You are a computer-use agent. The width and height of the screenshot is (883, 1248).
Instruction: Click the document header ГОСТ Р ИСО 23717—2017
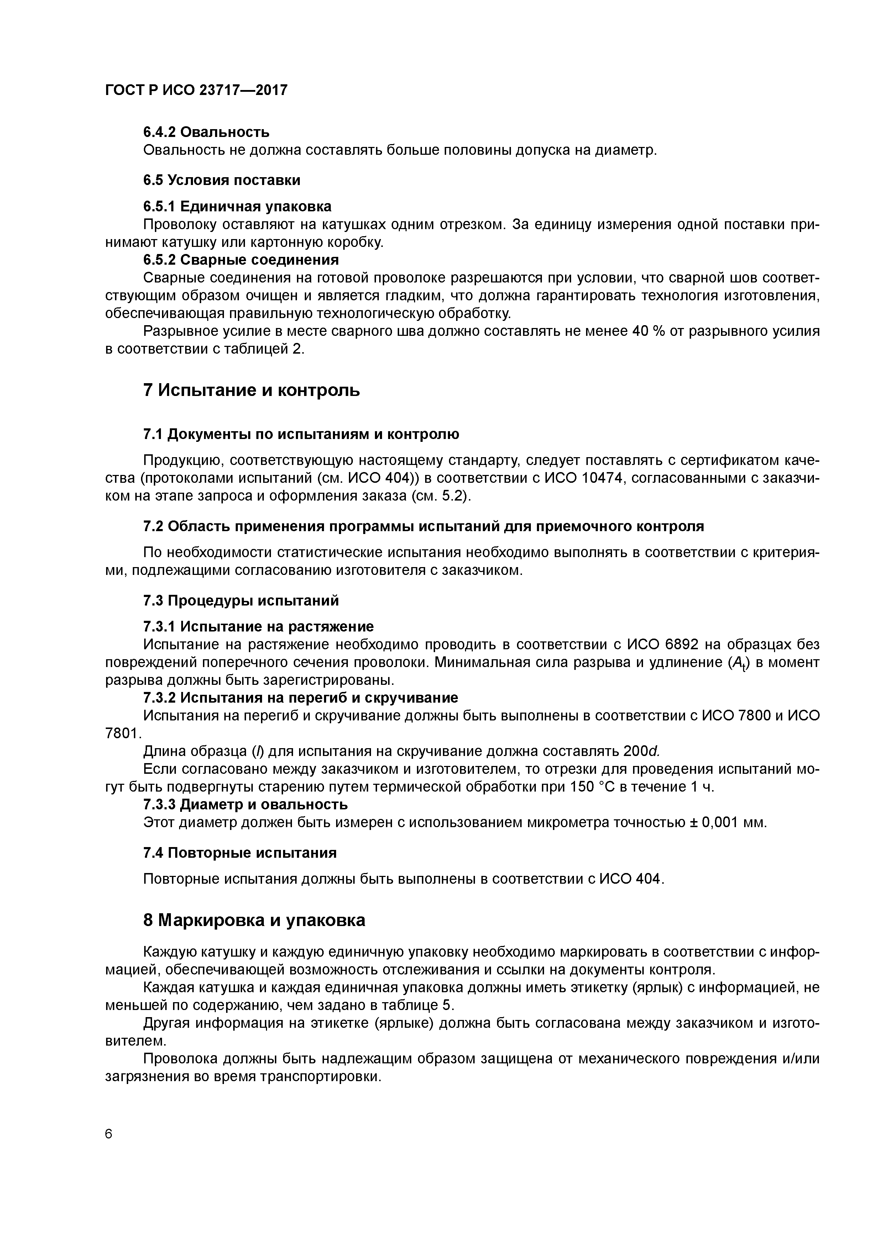[x=196, y=90]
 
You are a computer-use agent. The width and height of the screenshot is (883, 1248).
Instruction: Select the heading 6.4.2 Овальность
[x=206, y=132]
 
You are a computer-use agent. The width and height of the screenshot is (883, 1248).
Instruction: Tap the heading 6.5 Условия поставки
[x=221, y=180]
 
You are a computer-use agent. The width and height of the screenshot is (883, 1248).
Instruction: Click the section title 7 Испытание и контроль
[x=251, y=390]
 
